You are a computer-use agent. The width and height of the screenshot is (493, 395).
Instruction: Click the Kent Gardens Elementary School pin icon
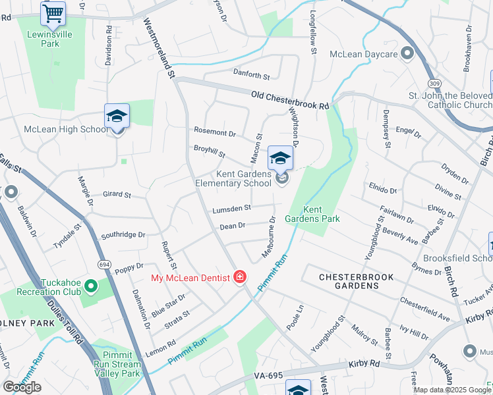click(280, 159)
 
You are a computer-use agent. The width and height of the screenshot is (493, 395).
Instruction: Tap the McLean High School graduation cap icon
click(117, 116)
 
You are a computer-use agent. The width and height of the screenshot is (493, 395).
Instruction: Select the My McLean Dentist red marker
click(241, 276)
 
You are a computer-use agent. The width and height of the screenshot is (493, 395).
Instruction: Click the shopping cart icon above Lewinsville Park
click(53, 13)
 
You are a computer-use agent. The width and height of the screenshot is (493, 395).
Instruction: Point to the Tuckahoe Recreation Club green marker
click(90, 287)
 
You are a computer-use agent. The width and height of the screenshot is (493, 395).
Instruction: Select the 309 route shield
click(433, 84)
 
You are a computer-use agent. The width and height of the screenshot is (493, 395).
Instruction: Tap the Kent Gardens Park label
click(312, 213)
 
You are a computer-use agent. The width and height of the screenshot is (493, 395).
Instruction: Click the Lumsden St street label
click(231, 209)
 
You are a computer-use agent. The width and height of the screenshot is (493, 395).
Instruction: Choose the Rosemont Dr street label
click(214, 133)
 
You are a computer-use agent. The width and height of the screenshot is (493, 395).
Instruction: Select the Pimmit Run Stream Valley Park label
click(119, 364)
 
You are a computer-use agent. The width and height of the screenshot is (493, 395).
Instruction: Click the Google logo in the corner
click(22, 387)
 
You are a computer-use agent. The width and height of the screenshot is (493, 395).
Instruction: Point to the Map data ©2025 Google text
click(451, 390)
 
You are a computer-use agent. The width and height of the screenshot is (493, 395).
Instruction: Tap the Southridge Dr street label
click(123, 234)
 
